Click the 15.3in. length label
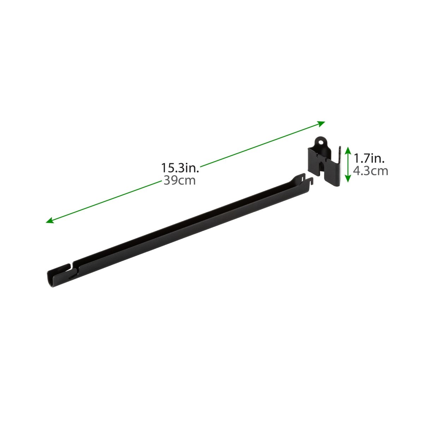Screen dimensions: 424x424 coord(180,168)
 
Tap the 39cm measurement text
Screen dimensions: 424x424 coord(179,181)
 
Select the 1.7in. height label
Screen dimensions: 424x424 coord(369,158)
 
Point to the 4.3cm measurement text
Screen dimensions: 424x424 coord(371,171)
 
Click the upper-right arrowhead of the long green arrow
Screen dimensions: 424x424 coord(322,123)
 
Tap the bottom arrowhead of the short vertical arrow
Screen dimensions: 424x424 coord(348,179)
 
